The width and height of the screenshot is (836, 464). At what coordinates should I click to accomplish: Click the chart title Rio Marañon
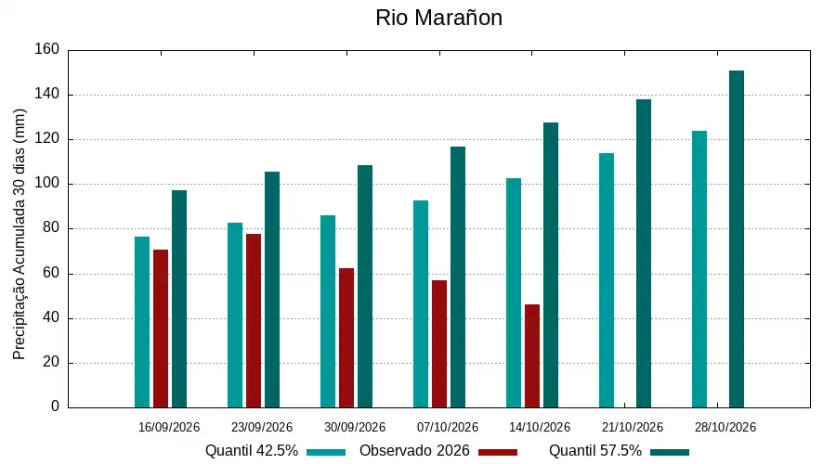438,18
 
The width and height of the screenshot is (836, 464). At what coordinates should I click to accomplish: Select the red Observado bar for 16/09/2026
161,329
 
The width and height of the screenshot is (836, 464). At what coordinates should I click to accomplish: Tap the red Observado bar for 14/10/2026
532,355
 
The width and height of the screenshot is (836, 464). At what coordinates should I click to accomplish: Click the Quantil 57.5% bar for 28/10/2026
737,239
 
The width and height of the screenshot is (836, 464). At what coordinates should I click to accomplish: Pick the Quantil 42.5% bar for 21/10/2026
607,280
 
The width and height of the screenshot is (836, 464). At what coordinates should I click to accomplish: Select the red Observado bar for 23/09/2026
254,321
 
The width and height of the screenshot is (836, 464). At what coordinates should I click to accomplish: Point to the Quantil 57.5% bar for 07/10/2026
457,277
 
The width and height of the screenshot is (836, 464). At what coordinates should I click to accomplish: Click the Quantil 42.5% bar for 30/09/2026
328,312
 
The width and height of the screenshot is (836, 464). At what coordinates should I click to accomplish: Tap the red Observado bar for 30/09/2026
346,338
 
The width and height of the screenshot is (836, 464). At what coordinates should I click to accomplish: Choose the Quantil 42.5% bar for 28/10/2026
699,269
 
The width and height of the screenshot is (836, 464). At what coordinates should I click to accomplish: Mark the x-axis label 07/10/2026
448,427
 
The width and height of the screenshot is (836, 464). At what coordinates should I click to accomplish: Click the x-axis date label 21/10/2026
633,427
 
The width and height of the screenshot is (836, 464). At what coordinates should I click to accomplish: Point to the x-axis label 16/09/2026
168,427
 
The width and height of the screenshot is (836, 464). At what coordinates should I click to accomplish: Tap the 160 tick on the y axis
47,49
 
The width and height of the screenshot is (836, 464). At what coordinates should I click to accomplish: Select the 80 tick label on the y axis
51,228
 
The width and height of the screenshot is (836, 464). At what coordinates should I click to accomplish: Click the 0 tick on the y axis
55,406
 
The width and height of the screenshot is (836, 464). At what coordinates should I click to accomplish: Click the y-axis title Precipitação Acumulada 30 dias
20,235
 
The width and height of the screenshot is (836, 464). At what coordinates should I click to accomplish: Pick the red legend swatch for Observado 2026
498,452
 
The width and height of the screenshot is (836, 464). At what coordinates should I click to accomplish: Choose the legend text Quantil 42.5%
252,451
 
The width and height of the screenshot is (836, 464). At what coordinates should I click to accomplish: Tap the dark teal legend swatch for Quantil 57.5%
670,452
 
